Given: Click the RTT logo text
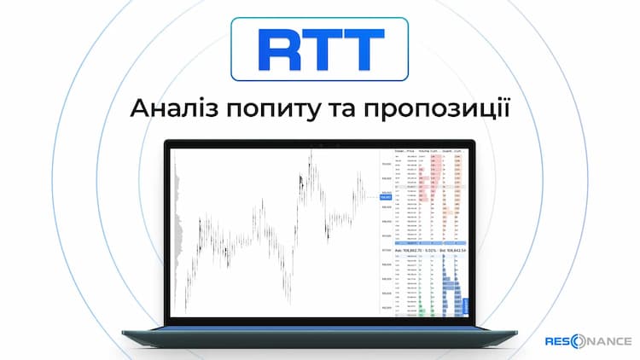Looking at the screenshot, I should point(319,49).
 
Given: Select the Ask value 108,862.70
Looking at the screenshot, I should point(414,249).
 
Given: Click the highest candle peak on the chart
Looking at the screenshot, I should point(311,154).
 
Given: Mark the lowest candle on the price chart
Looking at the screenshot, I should point(288,302).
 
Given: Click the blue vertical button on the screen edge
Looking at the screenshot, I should point(468,305).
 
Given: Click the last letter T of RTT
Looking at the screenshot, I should point(361,49).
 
